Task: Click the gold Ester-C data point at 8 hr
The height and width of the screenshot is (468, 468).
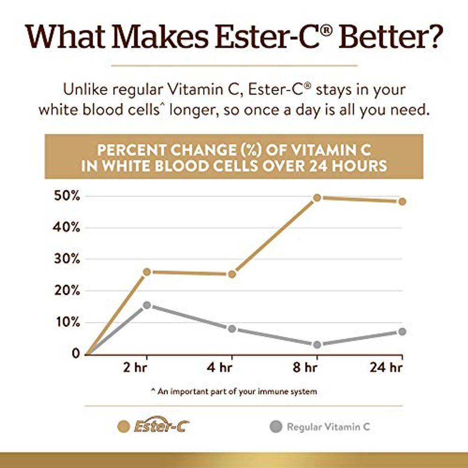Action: [x=317, y=198]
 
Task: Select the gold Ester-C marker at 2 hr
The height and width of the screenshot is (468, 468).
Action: [x=147, y=272]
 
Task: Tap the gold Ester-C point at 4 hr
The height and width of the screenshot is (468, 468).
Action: [x=232, y=274]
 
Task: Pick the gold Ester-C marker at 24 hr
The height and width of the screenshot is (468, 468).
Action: [x=402, y=201]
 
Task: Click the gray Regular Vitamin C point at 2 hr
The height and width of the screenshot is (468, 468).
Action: [x=147, y=305]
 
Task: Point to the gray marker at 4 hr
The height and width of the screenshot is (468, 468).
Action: [x=232, y=329]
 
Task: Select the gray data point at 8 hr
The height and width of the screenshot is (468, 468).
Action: [x=317, y=345]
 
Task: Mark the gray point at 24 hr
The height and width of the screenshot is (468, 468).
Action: [x=402, y=331]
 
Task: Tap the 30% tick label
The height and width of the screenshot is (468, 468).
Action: [x=66, y=259]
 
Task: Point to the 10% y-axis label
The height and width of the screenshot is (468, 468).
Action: [x=66, y=323]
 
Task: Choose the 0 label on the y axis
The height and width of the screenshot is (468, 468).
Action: [x=76, y=354]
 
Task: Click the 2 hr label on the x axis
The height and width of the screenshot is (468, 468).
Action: [x=135, y=368]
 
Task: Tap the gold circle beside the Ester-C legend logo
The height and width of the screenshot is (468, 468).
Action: [x=124, y=427]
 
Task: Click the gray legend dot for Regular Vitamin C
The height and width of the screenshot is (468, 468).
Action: [x=276, y=427]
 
